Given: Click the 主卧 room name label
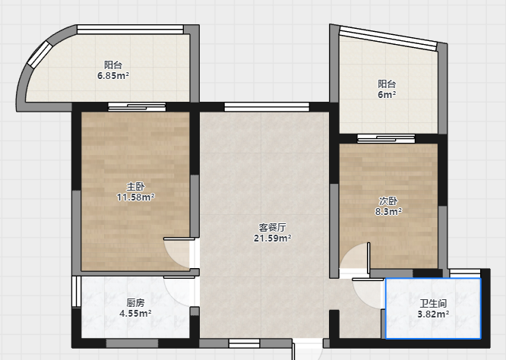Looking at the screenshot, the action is pyautogui.click(x=135, y=186).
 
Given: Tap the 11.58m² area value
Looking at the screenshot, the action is pyautogui.click(x=135, y=197).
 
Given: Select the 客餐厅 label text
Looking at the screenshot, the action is pyautogui.click(x=272, y=227).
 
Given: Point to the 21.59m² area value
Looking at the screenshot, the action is pyautogui.click(x=272, y=238).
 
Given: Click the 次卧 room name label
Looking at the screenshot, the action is pyautogui.click(x=388, y=201).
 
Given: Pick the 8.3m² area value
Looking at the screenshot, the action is pyautogui.click(x=388, y=212).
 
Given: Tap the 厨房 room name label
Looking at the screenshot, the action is pyautogui.click(x=135, y=302).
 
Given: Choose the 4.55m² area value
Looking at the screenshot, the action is pyautogui.click(x=135, y=313).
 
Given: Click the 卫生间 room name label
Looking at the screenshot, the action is pyautogui.click(x=433, y=303).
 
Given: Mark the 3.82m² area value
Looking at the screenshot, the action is pyautogui.click(x=433, y=314).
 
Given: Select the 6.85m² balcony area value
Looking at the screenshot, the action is pyautogui.click(x=113, y=76).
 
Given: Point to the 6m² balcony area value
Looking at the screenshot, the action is pyautogui.click(x=387, y=94).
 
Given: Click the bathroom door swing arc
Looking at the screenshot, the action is pyautogui.click(x=362, y=299).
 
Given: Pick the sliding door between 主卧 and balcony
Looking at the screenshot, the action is pyautogui.click(x=137, y=107).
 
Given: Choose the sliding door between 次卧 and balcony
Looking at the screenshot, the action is pyautogui.click(x=386, y=139).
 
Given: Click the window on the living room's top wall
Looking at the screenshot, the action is pyautogui.click(x=267, y=107).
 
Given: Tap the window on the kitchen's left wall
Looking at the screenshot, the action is pyautogui.click(x=76, y=292).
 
